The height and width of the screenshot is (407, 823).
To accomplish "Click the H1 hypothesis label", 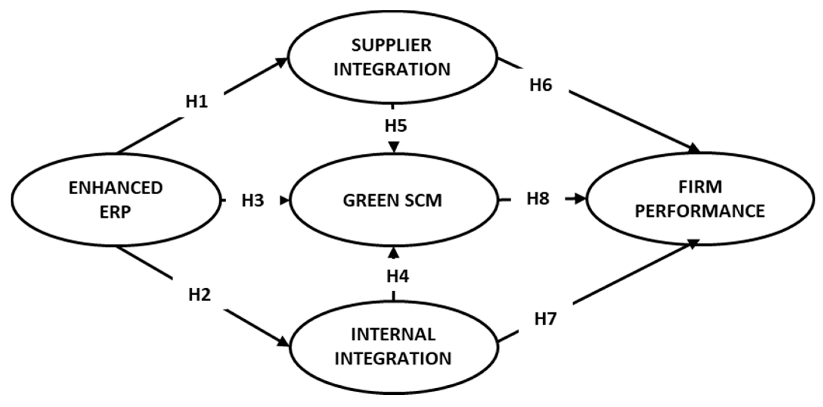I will click(x=197, y=102).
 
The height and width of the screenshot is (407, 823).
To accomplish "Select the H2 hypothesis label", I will click(x=200, y=295).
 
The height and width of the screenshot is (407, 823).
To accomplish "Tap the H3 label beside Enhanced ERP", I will click(x=253, y=201).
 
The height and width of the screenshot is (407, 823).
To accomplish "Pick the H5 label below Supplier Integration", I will click(x=396, y=126).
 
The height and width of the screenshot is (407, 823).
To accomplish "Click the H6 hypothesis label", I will click(x=541, y=85).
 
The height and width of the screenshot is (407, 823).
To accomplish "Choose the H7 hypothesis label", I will click(x=546, y=319).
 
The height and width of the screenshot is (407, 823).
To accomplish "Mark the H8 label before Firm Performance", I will click(x=538, y=199).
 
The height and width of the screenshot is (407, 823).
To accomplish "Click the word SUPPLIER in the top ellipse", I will click(x=392, y=45).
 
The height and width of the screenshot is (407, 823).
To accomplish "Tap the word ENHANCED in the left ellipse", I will click(x=116, y=188).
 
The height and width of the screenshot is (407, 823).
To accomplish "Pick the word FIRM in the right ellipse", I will click(x=700, y=187).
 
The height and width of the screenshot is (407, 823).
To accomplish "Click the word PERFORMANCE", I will click(x=700, y=211).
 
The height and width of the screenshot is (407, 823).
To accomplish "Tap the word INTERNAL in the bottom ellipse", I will click(x=393, y=335).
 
